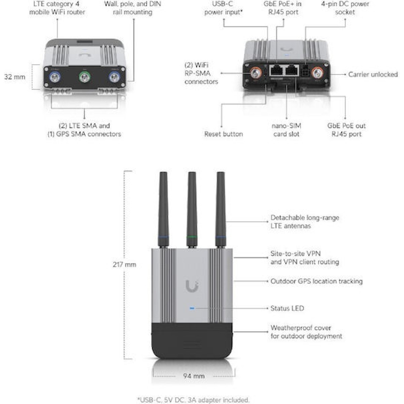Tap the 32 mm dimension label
(14, 77)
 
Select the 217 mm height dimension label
(125, 265)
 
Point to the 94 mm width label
(194, 376)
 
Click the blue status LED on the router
(192, 308)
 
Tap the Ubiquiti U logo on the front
(192, 286)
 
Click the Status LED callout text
(287, 308)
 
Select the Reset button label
(223, 134)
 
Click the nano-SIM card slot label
(287, 130)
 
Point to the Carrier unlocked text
(373, 74)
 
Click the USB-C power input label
(223, 8)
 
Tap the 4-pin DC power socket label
(345, 8)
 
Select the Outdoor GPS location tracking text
(316, 281)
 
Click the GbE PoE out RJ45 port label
(346, 130)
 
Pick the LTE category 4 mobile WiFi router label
(57, 8)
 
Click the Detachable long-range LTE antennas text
(305, 222)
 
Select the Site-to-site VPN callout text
(305, 258)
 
